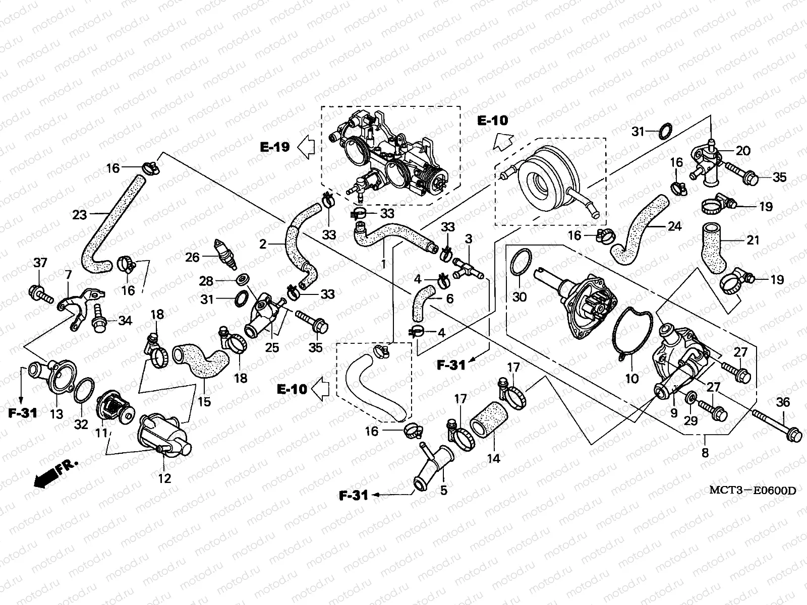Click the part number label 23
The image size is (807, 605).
click(79, 215)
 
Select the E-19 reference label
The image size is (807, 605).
click(275, 147)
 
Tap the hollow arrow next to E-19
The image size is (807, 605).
click(306, 147)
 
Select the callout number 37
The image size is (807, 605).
click(40, 262)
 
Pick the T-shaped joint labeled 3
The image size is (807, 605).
click(468, 268)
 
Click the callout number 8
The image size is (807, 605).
click(705, 453)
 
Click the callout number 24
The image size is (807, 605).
click(674, 226)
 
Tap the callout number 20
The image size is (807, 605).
click(743, 150)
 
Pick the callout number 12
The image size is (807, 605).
click(164, 478)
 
